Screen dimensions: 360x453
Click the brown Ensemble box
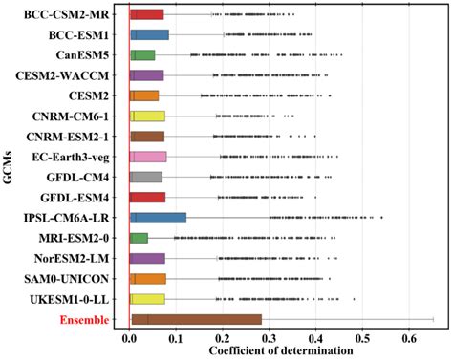pos(196,319)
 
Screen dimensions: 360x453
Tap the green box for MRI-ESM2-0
pos(140,238)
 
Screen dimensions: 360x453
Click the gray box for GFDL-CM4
pos(146,177)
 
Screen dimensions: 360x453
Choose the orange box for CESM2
pos(144,95)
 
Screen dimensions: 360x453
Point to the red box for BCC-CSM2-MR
pos(147,14)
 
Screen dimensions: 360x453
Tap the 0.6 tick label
pos(409,337)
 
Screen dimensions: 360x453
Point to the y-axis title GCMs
pos(9,167)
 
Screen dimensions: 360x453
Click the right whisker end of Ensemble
pos(434,319)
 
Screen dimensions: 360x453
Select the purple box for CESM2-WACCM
pos(147,75)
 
